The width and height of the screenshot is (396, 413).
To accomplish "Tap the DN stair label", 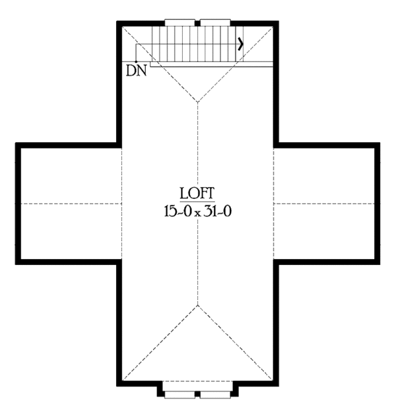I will click(136, 71).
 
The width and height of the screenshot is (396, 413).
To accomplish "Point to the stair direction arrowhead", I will click(241, 44).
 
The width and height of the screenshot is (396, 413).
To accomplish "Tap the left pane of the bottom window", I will click(180, 394).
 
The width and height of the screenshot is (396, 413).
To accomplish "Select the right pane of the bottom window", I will click(215, 394).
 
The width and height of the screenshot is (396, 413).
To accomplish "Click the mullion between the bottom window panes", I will click(197, 394).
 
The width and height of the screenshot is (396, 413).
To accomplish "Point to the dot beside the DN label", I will click(135, 61).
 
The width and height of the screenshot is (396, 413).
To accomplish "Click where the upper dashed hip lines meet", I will click(197, 102).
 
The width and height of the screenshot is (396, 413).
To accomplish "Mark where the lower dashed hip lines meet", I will click(197, 305).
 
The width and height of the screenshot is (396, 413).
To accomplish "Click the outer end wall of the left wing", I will click(18, 204).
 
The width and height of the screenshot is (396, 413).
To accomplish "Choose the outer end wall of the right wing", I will click(377, 204).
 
